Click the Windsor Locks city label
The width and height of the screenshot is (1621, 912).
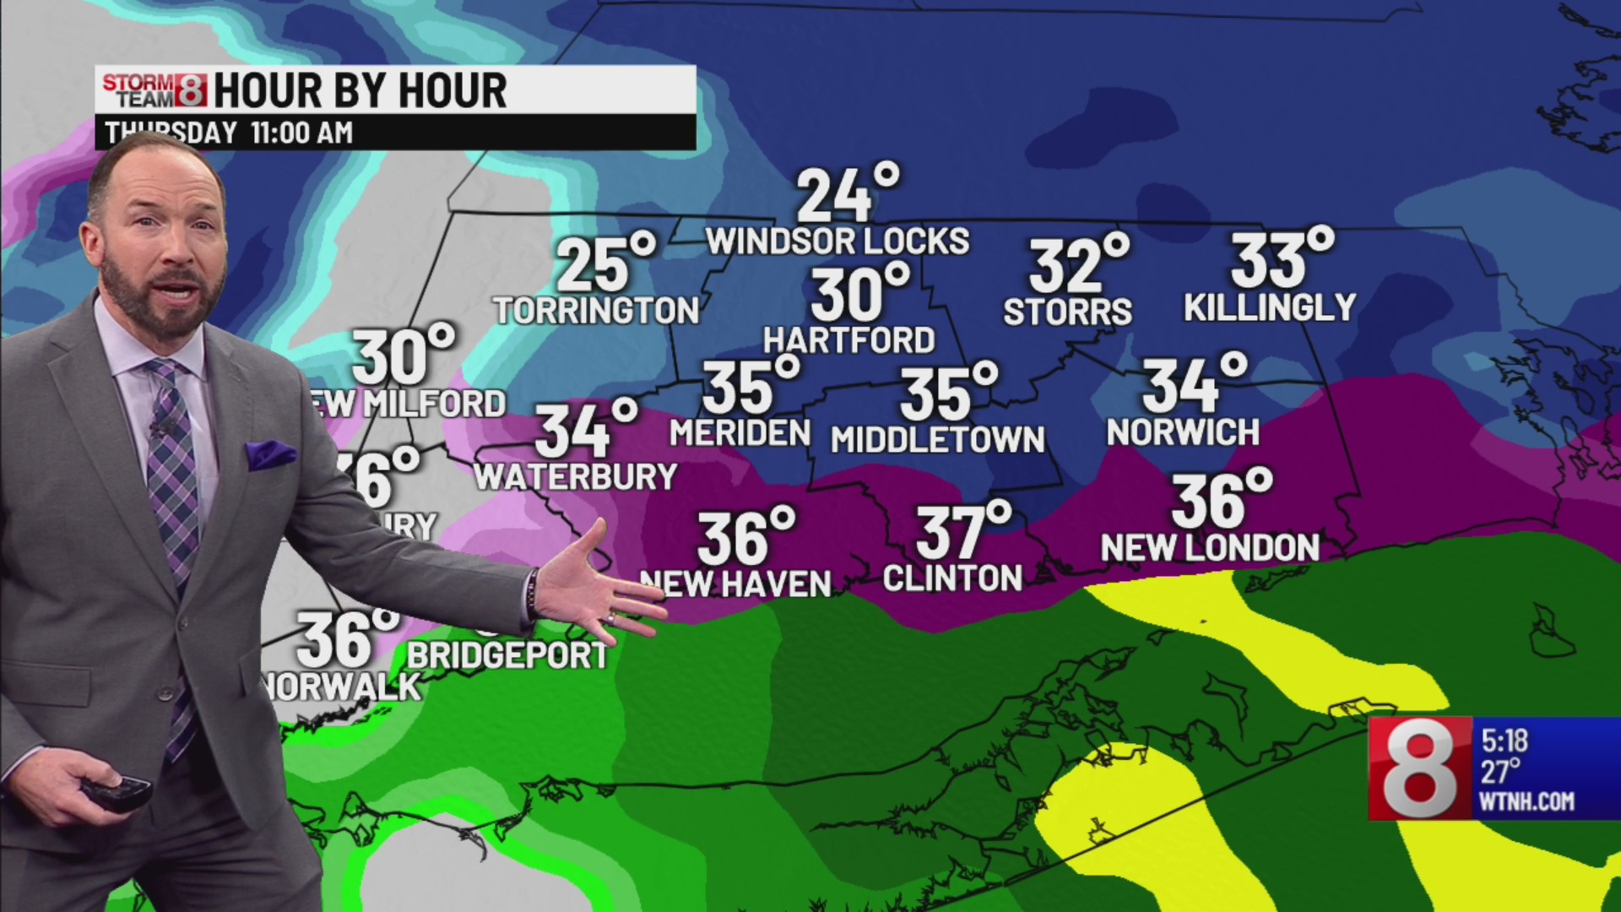coord(838,242)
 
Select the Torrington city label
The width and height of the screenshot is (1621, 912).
coord(596,311)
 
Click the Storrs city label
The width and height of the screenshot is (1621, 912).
coord(1067,312)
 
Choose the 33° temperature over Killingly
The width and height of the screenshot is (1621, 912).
coord(1281,258)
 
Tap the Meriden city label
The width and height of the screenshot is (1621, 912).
coord(740,433)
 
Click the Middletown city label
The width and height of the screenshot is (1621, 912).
coord(938,440)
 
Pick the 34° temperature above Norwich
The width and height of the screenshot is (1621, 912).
coord(1193,384)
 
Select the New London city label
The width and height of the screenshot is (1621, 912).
coord(1210,548)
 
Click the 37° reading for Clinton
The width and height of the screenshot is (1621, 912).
coord(962,531)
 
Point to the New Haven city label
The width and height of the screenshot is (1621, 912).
coord(735,584)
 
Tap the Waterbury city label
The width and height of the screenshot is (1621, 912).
coord(576,477)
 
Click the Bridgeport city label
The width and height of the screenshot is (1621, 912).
coord(507,655)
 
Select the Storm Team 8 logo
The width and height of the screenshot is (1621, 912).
coord(155,90)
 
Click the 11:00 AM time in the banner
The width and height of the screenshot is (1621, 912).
coord(301,133)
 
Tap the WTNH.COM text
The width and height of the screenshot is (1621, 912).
coord(1526,801)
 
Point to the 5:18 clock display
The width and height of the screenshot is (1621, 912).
coord(1504,741)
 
